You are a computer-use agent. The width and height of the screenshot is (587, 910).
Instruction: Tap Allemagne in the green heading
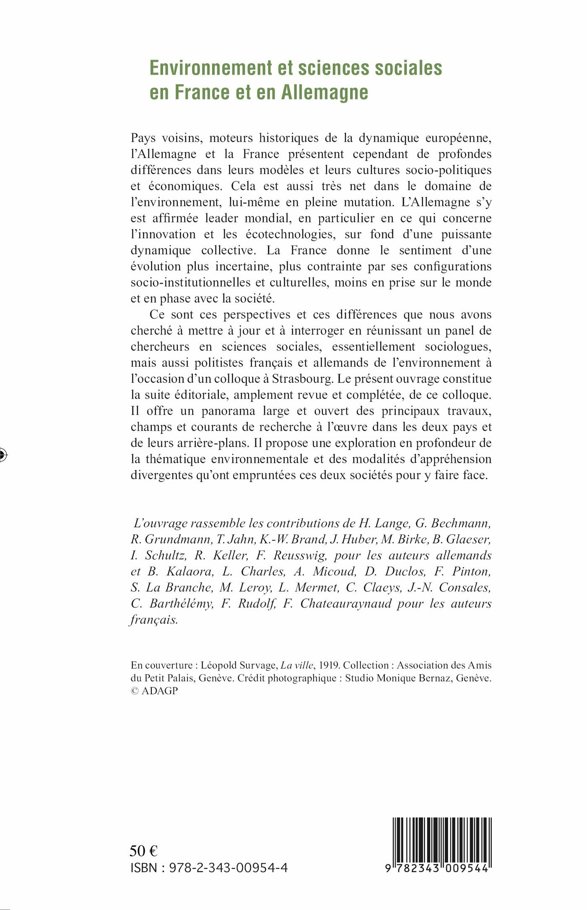point(325,93)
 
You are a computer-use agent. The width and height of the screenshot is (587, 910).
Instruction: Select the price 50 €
point(143,850)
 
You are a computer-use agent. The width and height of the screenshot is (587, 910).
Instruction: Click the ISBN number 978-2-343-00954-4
point(228,868)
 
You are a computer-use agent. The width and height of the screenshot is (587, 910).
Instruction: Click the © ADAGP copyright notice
point(154,691)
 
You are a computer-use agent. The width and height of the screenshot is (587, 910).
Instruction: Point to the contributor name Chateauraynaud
point(346,604)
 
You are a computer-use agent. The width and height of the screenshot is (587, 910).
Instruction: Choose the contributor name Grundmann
point(178,540)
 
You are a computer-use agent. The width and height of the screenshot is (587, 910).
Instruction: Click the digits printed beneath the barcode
point(437,868)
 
